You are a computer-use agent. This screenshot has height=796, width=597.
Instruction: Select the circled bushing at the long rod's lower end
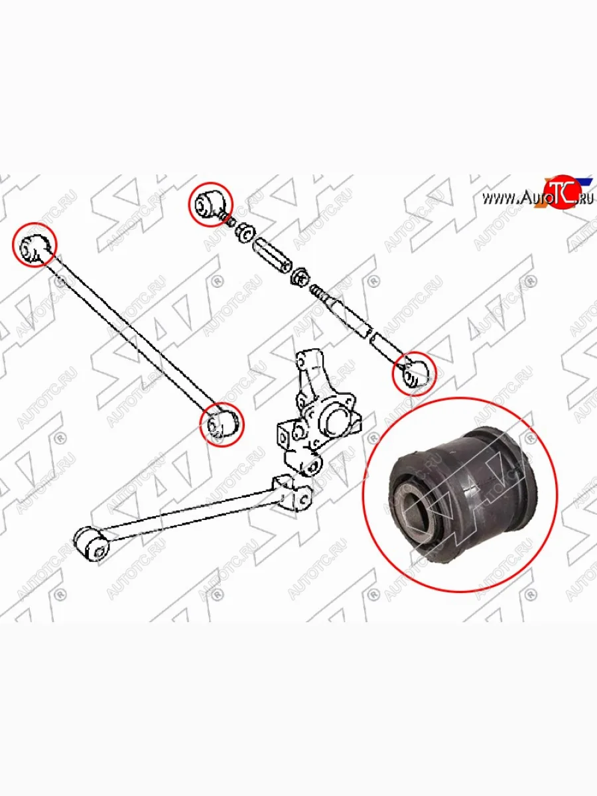[x=222, y=425]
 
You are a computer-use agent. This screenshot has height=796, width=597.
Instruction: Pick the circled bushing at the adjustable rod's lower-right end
[x=414, y=373]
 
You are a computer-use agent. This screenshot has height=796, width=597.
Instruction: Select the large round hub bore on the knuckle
[x=337, y=421]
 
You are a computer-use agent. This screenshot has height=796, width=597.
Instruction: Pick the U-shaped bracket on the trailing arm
[x=290, y=492]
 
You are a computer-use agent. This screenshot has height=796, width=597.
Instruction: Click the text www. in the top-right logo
[x=500, y=198]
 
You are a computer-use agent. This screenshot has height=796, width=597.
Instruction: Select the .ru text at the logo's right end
[x=584, y=199]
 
